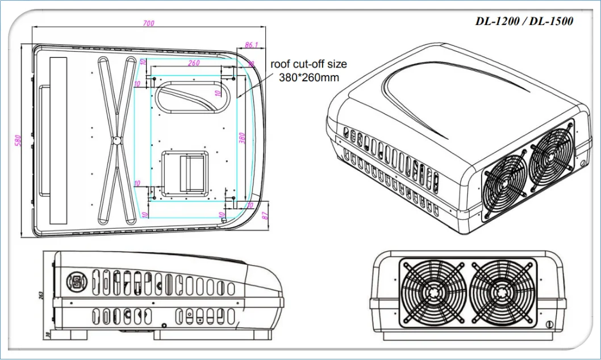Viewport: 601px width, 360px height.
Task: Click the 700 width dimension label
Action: click(149, 23)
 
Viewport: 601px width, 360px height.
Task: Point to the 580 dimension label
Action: click(18, 140)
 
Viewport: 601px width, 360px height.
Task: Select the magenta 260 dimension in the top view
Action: click(194, 63)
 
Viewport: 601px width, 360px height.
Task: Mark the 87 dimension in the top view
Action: click(265, 215)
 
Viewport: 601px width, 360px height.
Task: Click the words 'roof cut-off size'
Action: click(308, 64)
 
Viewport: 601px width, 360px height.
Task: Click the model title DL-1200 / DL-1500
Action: click(524, 22)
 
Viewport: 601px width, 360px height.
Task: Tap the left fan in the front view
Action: click(434, 293)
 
